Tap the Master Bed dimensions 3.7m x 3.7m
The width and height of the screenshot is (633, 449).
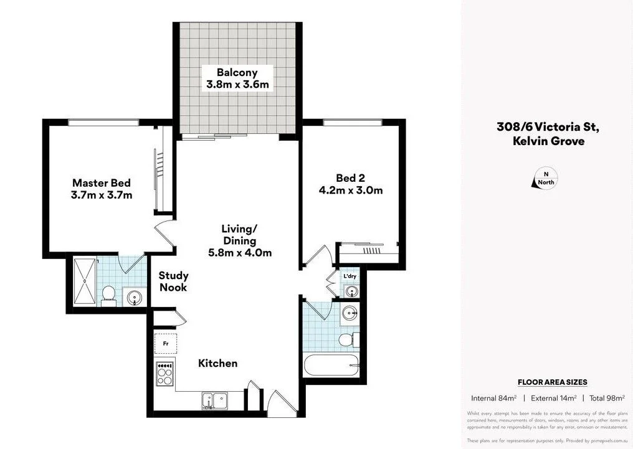(x=102, y=195)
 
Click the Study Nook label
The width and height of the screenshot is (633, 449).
(x=173, y=281)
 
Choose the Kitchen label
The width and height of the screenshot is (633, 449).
(x=217, y=363)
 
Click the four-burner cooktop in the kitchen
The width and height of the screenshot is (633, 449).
(x=164, y=375)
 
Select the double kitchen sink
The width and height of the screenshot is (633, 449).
(x=214, y=400)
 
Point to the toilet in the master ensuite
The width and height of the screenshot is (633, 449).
(x=108, y=295)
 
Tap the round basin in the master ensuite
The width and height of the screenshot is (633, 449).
(x=134, y=298)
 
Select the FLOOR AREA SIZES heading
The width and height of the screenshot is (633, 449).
(x=552, y=382)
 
